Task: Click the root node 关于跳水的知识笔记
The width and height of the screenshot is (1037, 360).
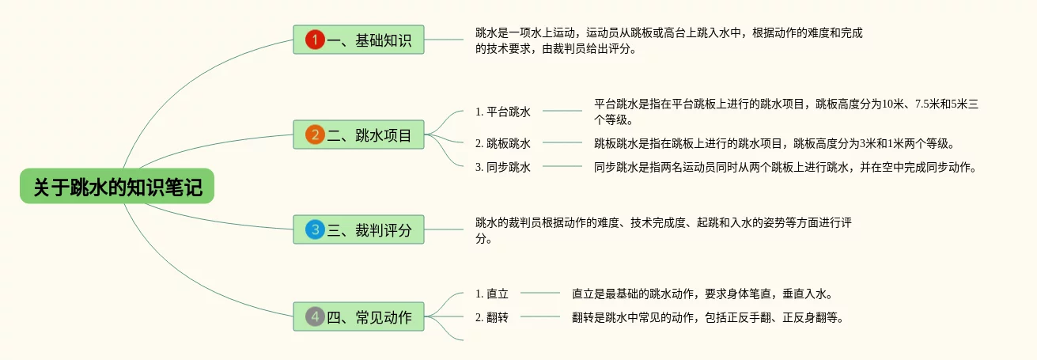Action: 117,187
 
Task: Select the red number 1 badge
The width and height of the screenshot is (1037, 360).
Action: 315,40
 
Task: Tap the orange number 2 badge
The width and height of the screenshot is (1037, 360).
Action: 315,135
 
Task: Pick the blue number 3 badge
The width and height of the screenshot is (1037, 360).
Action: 315,229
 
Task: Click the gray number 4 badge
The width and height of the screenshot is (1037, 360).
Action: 315,316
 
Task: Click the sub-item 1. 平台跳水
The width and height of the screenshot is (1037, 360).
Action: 503,112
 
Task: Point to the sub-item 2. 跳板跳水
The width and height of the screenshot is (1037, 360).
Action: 503,143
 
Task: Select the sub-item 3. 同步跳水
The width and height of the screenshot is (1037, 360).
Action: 503,167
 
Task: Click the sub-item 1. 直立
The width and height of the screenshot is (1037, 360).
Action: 492,294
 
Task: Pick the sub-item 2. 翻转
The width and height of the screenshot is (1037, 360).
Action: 492,317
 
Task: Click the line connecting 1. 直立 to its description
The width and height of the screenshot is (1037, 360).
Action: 539,293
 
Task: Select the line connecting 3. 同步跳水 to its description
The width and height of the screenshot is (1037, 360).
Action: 562,166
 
